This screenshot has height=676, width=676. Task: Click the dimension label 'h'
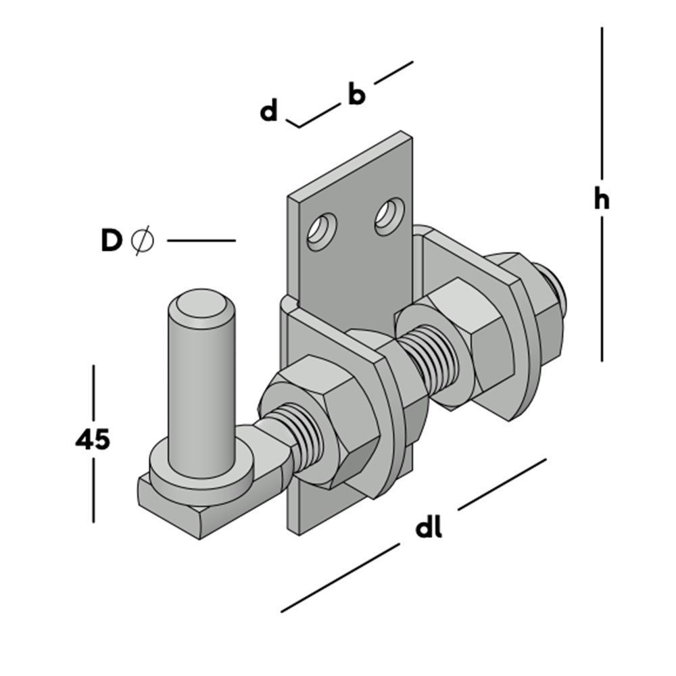tap(601, 200)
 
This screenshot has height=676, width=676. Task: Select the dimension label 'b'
tap(356, 95)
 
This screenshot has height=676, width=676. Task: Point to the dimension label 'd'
tap(269, 110)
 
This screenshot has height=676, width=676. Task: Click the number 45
tap(92, 439)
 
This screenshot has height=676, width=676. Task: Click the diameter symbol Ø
tap(142, 241)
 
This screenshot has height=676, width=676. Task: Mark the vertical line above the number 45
tap(93, 392)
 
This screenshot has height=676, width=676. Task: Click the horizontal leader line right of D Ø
tap(201, 240)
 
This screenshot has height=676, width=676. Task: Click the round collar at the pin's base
tap(196, 473)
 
